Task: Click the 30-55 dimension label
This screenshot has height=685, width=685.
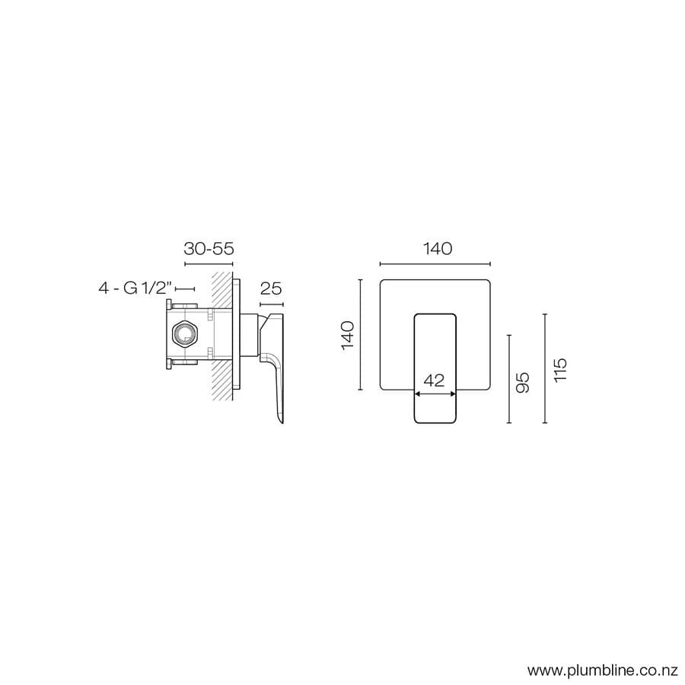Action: pyautogui.click(x=208, y=249)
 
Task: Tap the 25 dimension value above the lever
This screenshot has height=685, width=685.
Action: pyautogui.click(x=272, y=288)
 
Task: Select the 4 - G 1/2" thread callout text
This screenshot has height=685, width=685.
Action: pyautogui.click(x=135, y=288)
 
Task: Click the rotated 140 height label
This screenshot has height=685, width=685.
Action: pyautogui.click(x=347, y=335)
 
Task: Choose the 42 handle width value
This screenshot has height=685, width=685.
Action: pyautogui.click(x=434, y=381)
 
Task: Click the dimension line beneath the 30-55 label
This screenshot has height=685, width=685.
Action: pyautogui.click(x=208, y=264)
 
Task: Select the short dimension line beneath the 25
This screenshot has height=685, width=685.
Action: pyautogui.click(x=272, y=304)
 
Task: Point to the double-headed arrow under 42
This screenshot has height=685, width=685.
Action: pyautogui.click(x=435, y=393)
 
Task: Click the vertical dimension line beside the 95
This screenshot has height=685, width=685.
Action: pyautogui.click(x=508, y=379)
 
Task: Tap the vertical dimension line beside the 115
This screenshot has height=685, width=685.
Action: pyautogui.click(x=545, y=368)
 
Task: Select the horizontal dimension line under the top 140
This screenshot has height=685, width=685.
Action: pyautogui.click(x=435, y=264)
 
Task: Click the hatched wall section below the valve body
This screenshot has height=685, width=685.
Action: pyautogui.click(x=222, y=381)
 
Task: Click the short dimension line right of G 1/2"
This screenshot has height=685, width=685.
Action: pyautogui.click(x=185, y=289)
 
